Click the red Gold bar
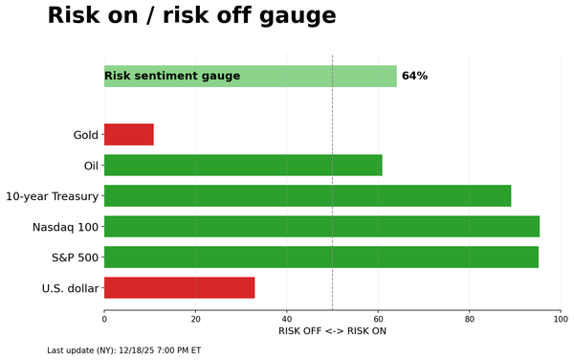[128, 135]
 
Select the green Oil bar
[243, 166]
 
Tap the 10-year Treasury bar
[307, 196]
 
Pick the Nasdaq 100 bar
[321, 227]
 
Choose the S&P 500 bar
[320, 258]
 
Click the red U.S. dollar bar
[179, 288]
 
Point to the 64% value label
[414, 77]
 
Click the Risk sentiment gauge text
[172, 77]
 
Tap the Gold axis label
[85, 135]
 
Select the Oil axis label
[91, 166]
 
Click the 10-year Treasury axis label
[52, 196]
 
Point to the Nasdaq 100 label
[65, 227]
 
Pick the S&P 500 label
[75, 258]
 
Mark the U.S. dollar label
[70, 288]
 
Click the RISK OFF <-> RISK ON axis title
[332, 331]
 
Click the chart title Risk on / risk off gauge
[191, 16]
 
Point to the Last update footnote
[123, 350]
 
